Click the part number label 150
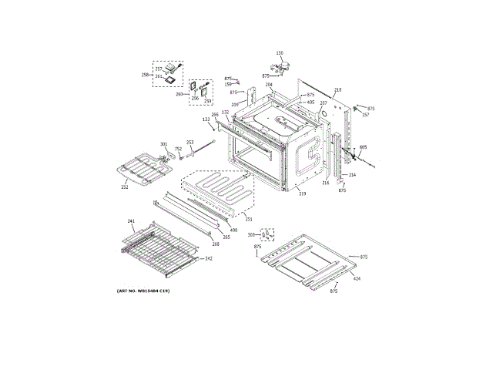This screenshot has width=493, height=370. pos(280,52)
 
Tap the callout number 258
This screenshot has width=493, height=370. pos(145,74)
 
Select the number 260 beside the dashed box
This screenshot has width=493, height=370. pos(179,94)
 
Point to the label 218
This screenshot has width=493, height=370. pos(337,90)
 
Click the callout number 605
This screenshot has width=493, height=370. pos(363,147)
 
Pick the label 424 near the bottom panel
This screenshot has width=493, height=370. pos(357,278)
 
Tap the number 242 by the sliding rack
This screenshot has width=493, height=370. pos(208,258)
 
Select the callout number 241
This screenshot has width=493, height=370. pos(131,222)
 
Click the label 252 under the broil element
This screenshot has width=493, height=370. pos(124,187)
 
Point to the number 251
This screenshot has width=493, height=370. pos(249,220)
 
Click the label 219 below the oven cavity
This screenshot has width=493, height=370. pos(303,193)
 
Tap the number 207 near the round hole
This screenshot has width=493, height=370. pos(324,103)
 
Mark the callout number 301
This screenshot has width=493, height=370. pos(163,144)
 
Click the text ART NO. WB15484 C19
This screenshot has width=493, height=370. pos(144,290)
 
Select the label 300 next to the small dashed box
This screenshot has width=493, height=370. pos(250,234)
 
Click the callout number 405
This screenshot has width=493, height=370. pos(310,103)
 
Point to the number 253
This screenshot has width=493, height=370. pos(189,143)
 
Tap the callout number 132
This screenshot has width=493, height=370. pos(226,113)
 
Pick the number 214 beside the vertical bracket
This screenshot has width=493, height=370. pos(352,175)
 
